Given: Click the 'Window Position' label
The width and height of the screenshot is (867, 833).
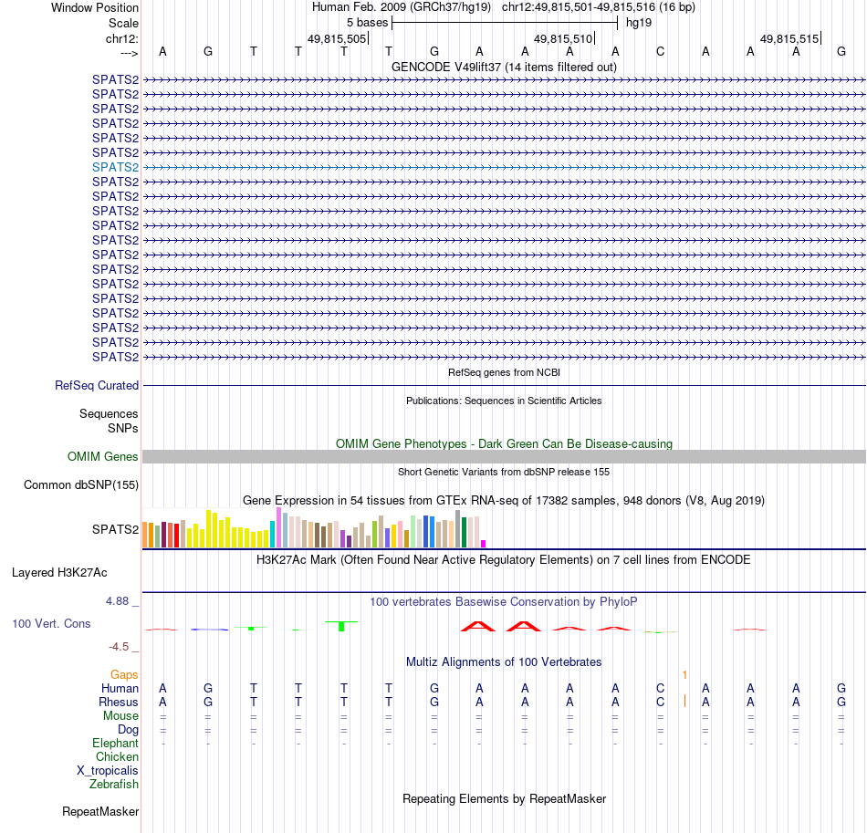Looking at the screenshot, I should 95,7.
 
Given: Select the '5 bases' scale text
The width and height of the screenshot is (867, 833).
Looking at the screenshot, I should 367,22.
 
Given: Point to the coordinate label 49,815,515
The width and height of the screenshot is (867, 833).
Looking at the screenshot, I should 789,38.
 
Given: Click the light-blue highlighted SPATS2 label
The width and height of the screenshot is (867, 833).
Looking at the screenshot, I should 115,167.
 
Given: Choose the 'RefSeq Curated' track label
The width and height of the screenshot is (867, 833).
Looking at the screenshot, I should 97,386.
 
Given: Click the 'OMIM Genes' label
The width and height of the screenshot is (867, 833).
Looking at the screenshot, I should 103,456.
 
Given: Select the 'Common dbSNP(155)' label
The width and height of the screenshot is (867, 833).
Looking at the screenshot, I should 81,485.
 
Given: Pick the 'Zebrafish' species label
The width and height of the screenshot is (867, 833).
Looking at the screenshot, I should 114,784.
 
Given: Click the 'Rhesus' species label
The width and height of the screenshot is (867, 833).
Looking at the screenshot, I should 119,703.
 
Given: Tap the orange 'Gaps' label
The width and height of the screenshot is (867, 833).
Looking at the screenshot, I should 124,674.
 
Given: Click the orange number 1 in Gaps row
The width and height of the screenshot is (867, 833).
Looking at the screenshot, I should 684,674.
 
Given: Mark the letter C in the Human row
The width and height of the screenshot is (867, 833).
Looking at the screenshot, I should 660,688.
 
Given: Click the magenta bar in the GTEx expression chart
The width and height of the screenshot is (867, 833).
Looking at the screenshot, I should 484,543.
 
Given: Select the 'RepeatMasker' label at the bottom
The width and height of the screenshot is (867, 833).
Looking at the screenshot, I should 100,811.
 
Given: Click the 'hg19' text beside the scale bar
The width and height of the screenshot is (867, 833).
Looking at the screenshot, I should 640,22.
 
